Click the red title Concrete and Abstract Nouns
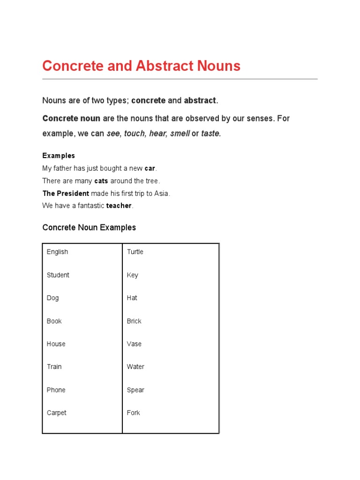tap(141, 66)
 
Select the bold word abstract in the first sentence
tap(200, 100)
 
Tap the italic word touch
tap(134, 134)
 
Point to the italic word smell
tap(180, 134)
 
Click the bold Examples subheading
tap(59, 156)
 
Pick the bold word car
tap(150, 168)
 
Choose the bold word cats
tap(101, 181)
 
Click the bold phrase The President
tap(66, 193)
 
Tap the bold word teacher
tap(119, 206)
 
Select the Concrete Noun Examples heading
tap(89, 227)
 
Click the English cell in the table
tap(57, 252)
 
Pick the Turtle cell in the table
tap(135, 252)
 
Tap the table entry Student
tap(58, 275)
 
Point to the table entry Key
tap(132, 275)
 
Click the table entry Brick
tap(134, 321)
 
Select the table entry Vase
tap(134, 344)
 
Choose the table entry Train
tap(54, 367)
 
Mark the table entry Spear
tap(135, 390)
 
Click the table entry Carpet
tap(56, 412)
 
